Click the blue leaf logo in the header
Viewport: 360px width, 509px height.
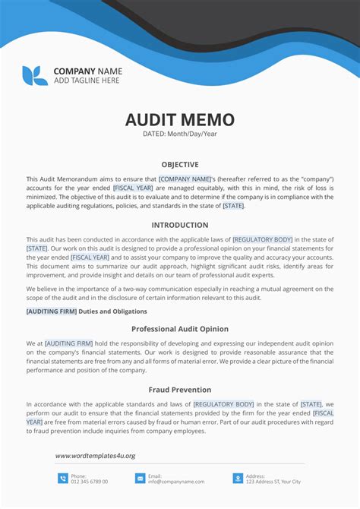coord(35,75)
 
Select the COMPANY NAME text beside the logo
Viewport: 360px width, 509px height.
coord(87,71)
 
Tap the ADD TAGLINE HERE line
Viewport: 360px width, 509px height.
coord(87,81)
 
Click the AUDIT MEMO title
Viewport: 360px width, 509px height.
coord(180,120)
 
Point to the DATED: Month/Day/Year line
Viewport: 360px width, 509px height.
coord(180,134)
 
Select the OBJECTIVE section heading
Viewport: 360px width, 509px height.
coord(180,164)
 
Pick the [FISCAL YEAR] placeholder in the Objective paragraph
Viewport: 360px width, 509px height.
coord(134,187)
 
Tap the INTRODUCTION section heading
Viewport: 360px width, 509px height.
coord(180,225)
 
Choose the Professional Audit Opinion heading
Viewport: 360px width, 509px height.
coord(180,329)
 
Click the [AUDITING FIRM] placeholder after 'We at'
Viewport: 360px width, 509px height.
coord(69,343)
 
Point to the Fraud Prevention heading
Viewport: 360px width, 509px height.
coord(180,390)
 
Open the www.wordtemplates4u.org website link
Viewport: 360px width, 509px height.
coord(95,456)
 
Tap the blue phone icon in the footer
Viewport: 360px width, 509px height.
coord(63,478)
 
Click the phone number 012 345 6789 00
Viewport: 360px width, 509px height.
coord(90,482)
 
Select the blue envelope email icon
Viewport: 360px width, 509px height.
coord(140,478)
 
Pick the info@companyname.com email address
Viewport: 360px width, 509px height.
coord(176,482)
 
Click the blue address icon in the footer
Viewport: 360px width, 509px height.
coord(238,478)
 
